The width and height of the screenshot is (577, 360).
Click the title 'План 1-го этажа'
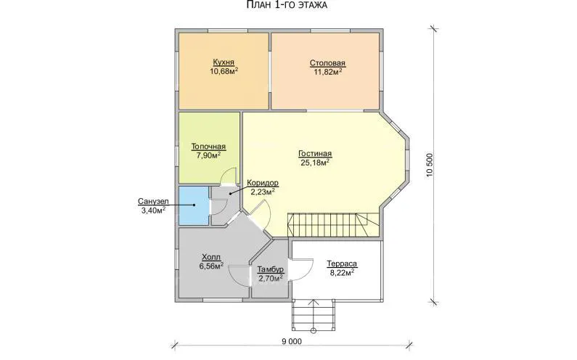286,5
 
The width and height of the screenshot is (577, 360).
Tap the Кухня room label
224,62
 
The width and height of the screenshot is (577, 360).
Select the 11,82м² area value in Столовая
327,72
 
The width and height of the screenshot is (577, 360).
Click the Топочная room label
208,147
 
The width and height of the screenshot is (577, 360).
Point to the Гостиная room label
315,153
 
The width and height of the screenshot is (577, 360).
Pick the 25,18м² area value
315,163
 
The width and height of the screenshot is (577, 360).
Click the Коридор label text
263,183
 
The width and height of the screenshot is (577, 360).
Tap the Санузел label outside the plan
153,201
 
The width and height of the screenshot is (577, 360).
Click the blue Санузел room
193,205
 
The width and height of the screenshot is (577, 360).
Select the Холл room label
212,257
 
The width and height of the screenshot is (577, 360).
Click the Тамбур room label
271,269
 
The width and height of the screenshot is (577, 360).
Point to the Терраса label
342,264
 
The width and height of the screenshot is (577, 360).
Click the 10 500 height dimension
430,165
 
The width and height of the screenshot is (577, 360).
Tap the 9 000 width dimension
292,342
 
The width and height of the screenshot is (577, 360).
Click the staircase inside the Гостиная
333,225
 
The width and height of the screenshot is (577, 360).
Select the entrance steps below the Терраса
314,314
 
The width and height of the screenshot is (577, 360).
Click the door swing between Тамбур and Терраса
300,270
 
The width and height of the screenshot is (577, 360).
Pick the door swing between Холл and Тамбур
240,275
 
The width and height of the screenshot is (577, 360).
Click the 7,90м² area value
208,156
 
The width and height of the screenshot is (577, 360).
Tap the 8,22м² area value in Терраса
342,273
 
